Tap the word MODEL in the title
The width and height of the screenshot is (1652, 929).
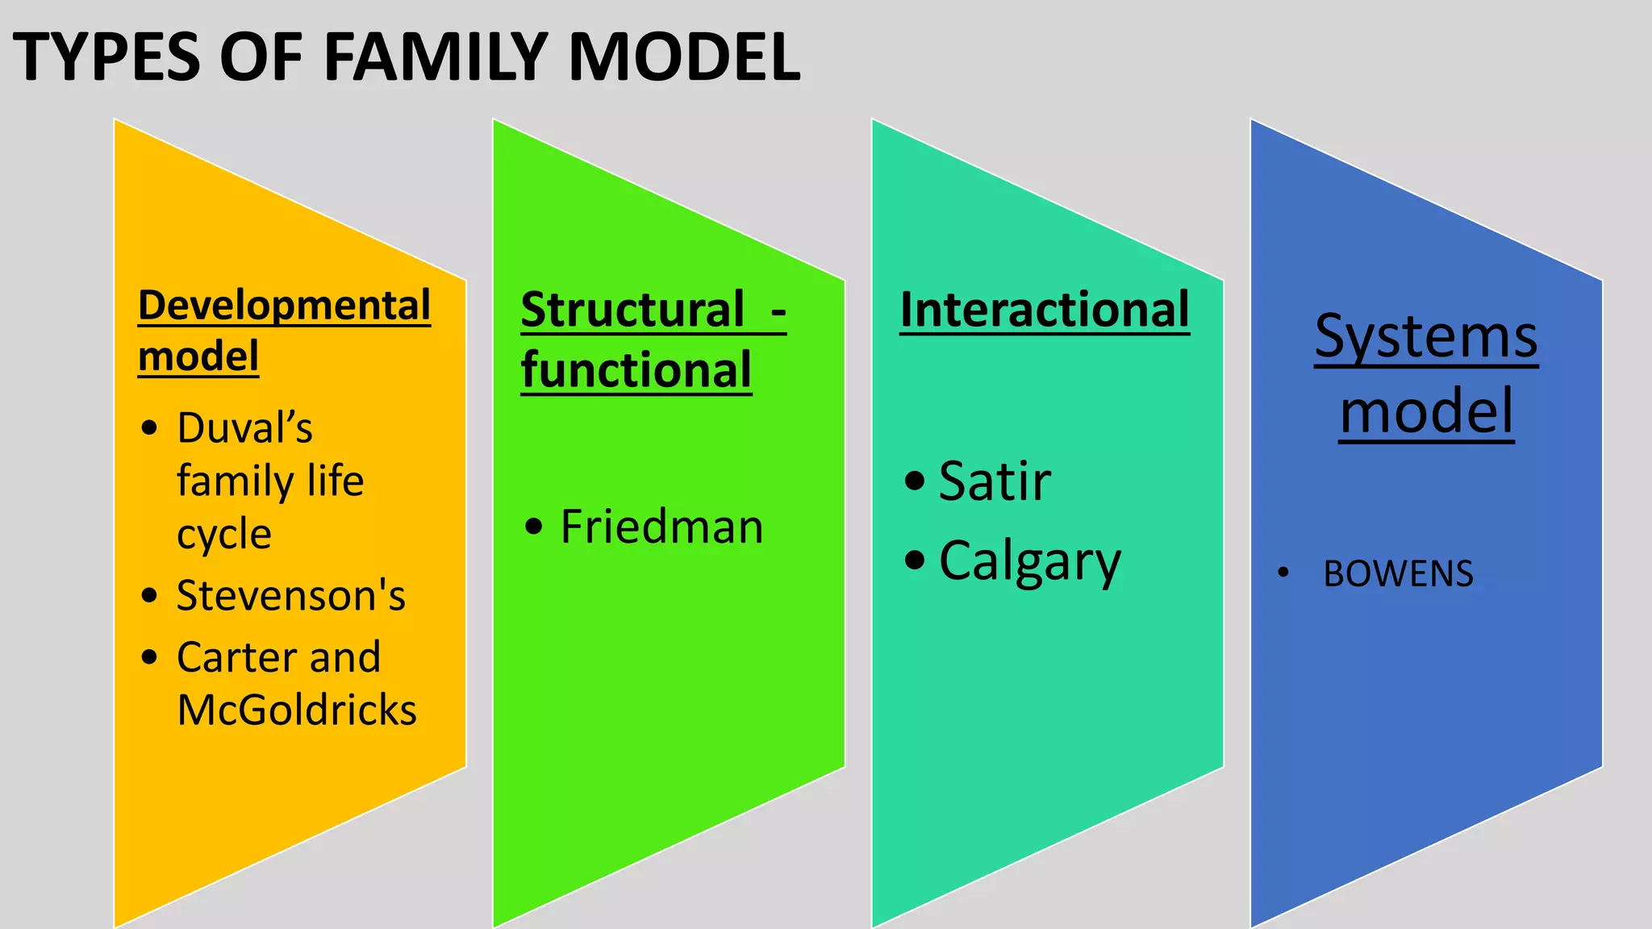tap(684, 57)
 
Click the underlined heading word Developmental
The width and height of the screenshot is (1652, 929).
tap(284, 306)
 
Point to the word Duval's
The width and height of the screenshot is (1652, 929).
tap(244, 428)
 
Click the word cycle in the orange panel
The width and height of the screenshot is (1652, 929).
tap(224, 535)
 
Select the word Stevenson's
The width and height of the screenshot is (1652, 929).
tap(290, 596)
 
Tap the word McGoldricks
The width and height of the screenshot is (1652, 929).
tap(297, 710)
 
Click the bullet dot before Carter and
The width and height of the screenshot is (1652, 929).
tap(149, 657)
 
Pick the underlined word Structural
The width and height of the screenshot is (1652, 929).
tap(632, 310)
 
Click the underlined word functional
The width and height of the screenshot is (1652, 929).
tap(636, 370)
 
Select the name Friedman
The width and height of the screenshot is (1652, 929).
tap(661, 527)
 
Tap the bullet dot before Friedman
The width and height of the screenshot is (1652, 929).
tap(533, 527)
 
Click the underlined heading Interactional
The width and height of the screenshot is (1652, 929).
tap(1045, 310)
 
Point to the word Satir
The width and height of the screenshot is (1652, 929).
tap(995, 481)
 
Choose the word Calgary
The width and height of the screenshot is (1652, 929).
tap(1030, 561)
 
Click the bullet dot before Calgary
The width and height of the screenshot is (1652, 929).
tap(914, 560)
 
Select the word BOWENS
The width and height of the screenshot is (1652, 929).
tap(1398, 574)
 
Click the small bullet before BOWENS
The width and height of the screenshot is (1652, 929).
tap(1283, 573)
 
